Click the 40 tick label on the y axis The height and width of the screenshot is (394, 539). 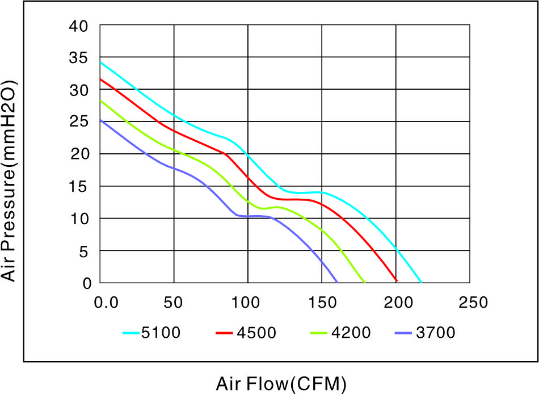pos(79,27)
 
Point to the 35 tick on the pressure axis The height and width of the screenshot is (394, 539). pos(79,58)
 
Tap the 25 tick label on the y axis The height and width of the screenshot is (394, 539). pos(79,121)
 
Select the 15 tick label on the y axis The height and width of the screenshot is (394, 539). pos(79,186)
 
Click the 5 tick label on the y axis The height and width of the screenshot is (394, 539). pos(83,252)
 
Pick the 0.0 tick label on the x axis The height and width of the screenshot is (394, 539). pos(106,303)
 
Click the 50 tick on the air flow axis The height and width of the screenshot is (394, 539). pos(173,303)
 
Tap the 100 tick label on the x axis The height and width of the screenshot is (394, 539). pos(246,303)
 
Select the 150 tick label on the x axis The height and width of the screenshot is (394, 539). pos(322,303)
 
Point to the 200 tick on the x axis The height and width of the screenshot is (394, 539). pos(398,303)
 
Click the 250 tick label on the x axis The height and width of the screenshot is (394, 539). pos(473,303)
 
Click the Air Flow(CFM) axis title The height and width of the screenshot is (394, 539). pos(281,384)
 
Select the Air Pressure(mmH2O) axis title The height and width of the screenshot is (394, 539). pos(9,181)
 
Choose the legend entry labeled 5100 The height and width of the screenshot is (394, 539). pos(151,333)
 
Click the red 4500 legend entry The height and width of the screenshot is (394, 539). pos(246,333)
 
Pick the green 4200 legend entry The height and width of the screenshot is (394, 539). pos(340,333)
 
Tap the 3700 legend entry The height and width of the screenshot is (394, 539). pos(425,333)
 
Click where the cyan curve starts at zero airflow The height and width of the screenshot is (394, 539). pos(100,62)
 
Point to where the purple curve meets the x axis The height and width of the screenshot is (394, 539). pos(337,282)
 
